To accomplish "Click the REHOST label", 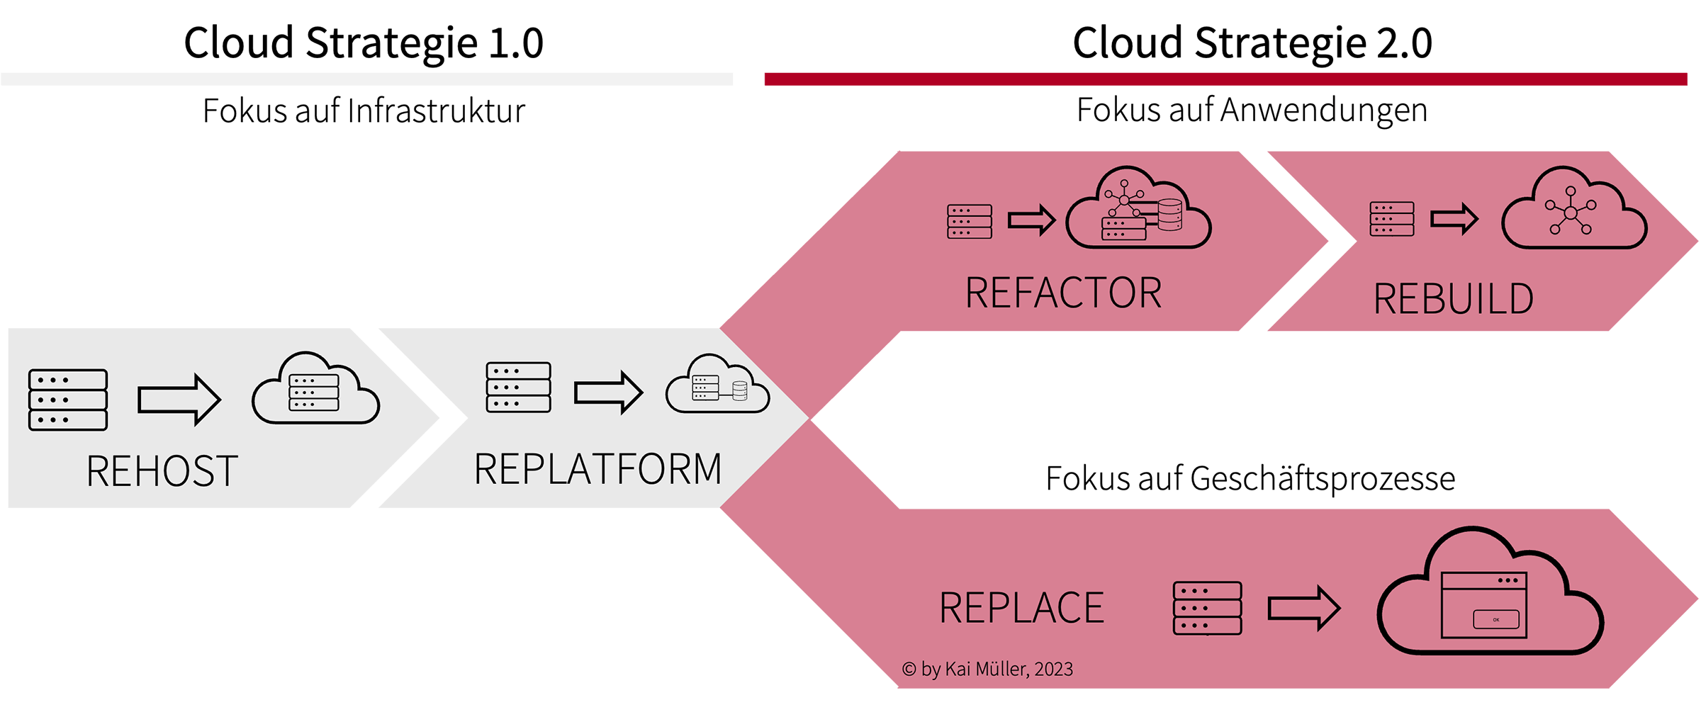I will click(162, 471).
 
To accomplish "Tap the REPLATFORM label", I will click(597, 469).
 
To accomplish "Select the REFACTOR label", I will click(1063, 293).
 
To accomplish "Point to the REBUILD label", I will click(1453, 298).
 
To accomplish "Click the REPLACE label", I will click(1021, 608).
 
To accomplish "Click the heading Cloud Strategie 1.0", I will click(364, 43).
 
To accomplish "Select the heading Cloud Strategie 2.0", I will click(1252, 43).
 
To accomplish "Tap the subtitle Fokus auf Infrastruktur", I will click(364, 111).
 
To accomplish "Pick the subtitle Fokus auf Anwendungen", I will click(1252, 110).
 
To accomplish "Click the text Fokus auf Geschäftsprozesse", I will click(1250, 478).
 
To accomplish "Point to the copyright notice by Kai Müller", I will click(987, 669).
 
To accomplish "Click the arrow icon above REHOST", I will click(179, 400).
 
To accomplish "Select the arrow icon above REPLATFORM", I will click(608, 392).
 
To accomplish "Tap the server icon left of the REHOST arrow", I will click(68, 400).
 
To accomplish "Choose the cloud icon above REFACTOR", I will click(1138, 210).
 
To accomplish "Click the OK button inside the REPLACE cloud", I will click(1495, 619).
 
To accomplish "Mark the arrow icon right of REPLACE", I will click(1303, 608).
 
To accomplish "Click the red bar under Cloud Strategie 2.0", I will click(1225, 79).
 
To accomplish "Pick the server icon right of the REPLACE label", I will click(1207, 608).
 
